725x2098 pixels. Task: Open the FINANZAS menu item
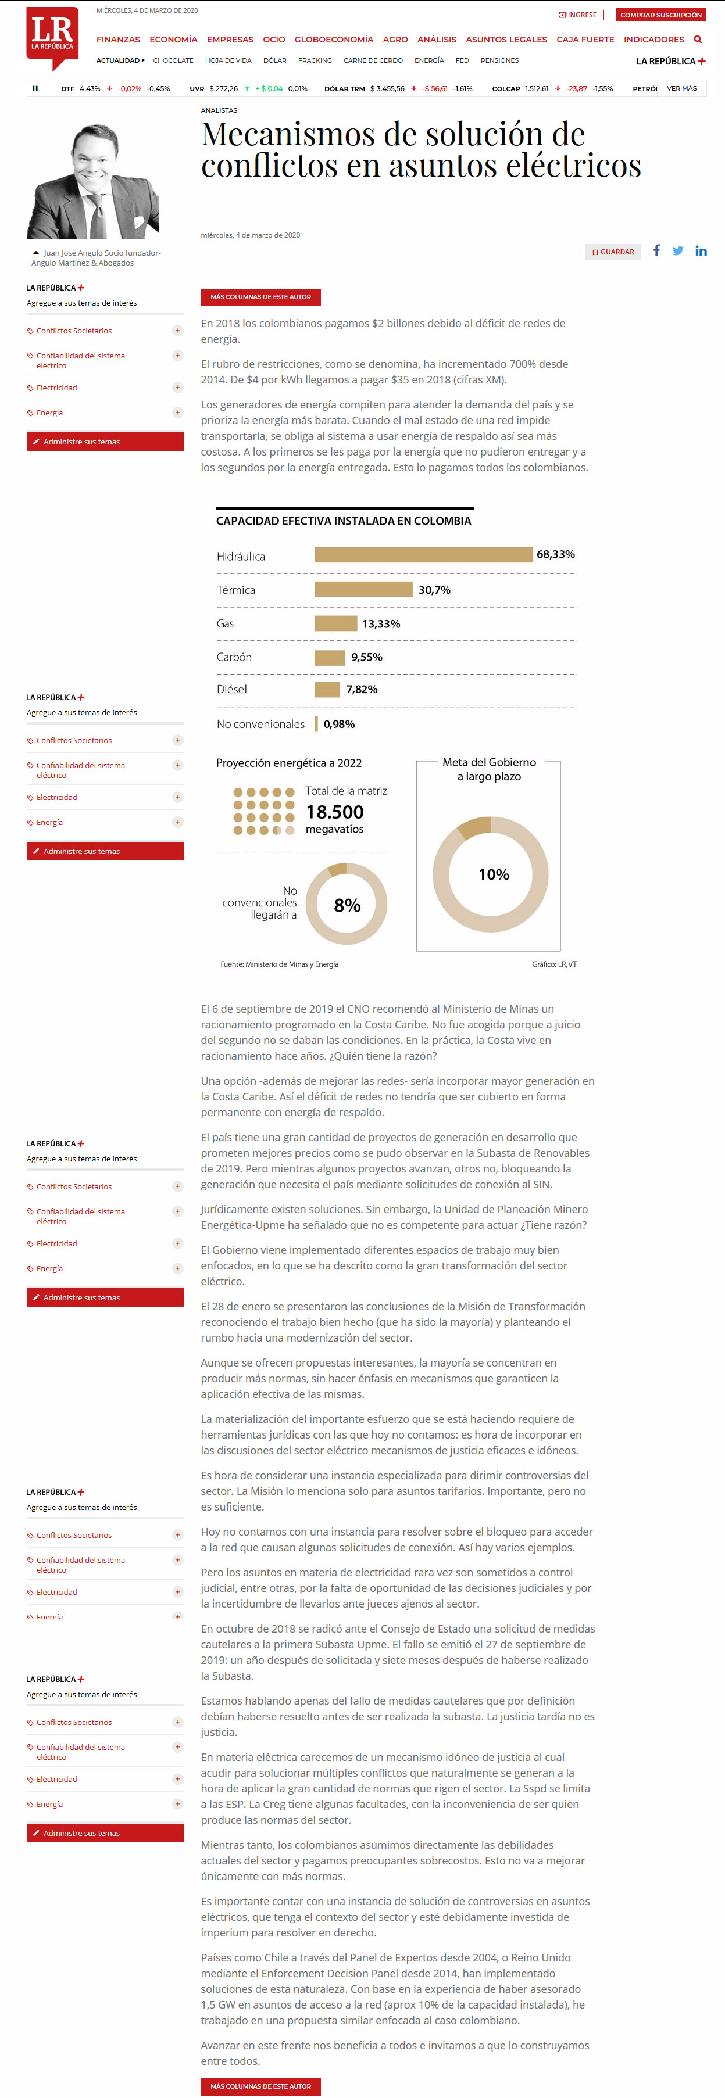[118, 39]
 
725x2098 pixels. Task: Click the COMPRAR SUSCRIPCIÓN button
[660, 15]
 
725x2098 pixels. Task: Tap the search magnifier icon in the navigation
[697, 39]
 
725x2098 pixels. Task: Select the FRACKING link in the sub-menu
[315, 60]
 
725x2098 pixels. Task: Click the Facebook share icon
[656, 251]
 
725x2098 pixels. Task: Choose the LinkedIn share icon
[701, 251]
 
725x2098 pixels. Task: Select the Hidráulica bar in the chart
[423, 555]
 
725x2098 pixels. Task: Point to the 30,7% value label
[434, 590]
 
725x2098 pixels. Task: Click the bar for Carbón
[330, 657]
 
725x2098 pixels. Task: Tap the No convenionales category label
[260, 724]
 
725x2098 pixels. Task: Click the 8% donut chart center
[347, 905]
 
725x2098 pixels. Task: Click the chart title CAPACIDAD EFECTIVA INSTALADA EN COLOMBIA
[343, 521]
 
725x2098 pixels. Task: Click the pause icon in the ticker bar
[35, 88]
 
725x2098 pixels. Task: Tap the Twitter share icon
[678, 251]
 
